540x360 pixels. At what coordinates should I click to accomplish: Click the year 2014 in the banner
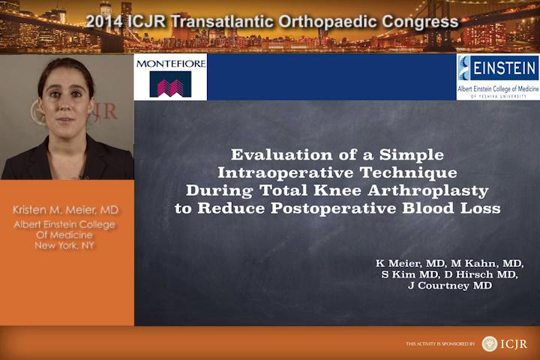tap(105, 22)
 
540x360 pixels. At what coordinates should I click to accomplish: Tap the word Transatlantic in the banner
tap(222, 22)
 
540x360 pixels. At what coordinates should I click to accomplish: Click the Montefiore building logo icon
tap(170, 84)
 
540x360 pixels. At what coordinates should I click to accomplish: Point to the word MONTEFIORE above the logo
tap(171, 64)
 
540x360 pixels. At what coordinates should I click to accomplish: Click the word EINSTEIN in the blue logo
tap(504, 67)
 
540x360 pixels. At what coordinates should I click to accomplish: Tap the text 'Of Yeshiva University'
tap(498, 97)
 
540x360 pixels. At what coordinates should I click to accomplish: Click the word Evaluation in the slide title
tap(283, 154)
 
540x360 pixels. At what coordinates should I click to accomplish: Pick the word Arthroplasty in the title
tap(428, 190)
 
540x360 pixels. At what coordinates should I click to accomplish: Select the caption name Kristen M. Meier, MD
tap(65, 210)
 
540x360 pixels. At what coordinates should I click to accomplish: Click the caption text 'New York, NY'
tap(64, 246)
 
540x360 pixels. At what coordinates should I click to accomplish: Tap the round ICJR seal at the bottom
tap(490, 343)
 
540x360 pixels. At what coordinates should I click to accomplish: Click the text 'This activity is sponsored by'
tap(440, 343)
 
